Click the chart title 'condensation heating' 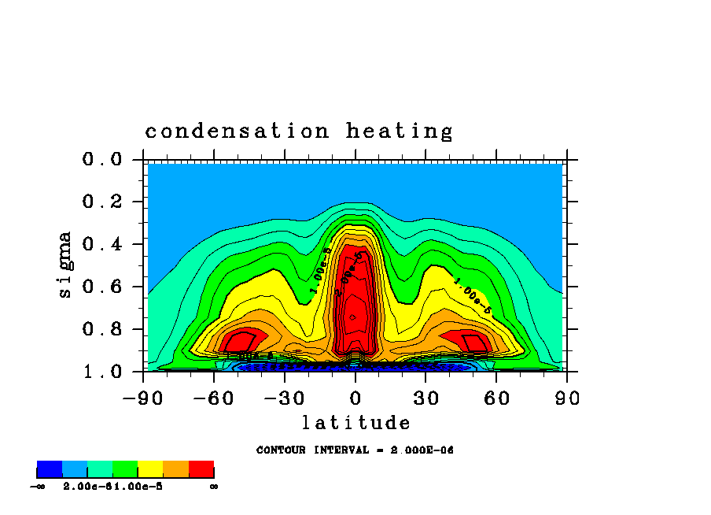click(x=299, y=132)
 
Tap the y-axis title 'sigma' click(x=65, y=264)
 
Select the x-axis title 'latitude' click(x=355, y=424)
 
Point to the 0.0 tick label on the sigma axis click(x=103, y=160)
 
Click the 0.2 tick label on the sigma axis click(x=103, y=202)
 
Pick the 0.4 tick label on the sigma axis click(x=103, y=244)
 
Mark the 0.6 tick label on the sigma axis click(x=103, y=287)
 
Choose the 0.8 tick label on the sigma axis click(x=103, y=329)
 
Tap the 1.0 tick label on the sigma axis click(x=103, y=372)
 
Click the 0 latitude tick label click(x=355, y=398)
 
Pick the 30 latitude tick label click(x=425, y=398)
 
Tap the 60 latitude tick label click(x=496, y=398)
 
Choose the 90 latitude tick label click(x=567, y=398)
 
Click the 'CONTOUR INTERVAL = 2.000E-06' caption click(x=355, y=450)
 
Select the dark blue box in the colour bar click(x=50, y=469)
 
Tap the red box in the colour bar click(x=201, y=469)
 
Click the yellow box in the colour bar click(x=150, y=469)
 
